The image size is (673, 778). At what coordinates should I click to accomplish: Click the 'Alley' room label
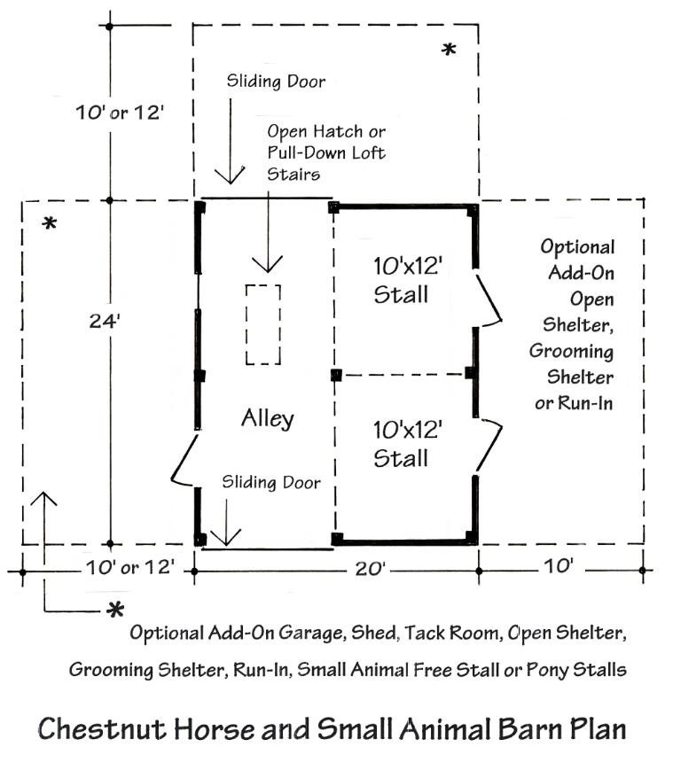pos(267,418)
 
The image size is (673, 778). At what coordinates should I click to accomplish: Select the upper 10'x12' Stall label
pos(401,279)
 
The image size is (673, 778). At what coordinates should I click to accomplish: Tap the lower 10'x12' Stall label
pos(401,444)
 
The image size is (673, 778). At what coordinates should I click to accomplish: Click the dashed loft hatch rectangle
pos(263,324)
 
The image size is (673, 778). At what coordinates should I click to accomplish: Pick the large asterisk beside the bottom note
pos(114,611)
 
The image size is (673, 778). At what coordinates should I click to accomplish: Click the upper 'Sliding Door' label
pos(276,82)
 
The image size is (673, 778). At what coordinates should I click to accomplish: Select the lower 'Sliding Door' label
pos(271,483)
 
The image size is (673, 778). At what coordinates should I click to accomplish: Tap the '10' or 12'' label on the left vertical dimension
pos(118,113)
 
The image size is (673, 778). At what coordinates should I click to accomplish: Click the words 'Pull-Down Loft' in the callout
pos(326,152)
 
